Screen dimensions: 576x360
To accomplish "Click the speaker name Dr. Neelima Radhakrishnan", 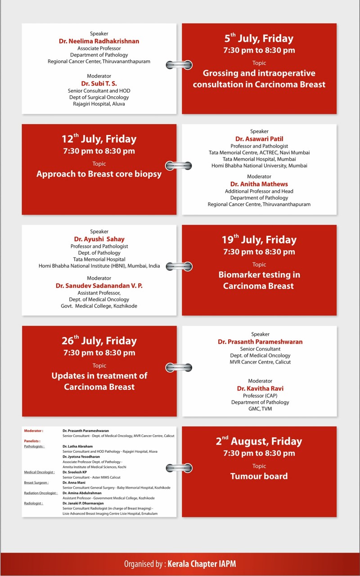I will click(99, 41).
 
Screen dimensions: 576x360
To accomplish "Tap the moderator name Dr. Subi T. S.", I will click(99, 83).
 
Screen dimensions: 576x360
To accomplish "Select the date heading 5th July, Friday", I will click(259, 39).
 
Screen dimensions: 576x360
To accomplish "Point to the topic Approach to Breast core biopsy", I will click(99, 174).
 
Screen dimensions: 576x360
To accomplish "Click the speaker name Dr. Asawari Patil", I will click(259, 139).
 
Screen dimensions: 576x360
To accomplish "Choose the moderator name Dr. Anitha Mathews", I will click(259, 184).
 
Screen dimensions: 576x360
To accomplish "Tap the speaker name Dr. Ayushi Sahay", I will click(99, 239).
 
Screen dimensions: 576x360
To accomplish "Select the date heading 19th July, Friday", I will click(259, 240).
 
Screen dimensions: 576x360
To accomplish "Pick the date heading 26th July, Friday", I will click(99, 341).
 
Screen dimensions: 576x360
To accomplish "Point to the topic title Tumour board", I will click(259, 476).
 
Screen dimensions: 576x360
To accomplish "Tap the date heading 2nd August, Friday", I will click(259, 441).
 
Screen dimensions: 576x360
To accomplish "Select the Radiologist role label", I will click(34, 503).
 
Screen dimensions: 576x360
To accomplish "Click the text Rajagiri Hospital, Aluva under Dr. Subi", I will click(99, 104).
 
